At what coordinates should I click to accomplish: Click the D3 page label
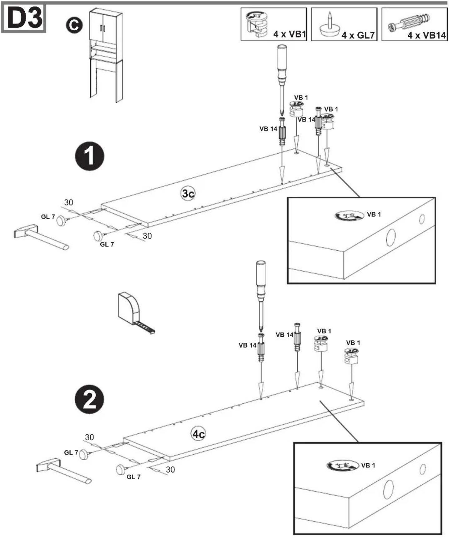click(x=24, y=18)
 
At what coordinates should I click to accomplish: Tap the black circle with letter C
click(x=74, y=25)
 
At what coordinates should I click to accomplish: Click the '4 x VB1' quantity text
click(x=290, y=34)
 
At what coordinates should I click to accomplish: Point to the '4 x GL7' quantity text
click(x=358, y=35)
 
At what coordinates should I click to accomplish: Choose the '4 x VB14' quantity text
click(x=427, y=35)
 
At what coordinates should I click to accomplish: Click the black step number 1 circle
click(x=90, y=156)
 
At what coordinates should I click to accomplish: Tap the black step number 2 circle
click(x=90, y=399)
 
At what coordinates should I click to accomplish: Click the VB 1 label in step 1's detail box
click(x=374, y=215)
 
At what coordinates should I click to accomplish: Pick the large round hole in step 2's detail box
click(x=389, y=489)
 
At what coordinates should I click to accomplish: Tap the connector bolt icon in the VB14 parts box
click(x=408, y=23)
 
